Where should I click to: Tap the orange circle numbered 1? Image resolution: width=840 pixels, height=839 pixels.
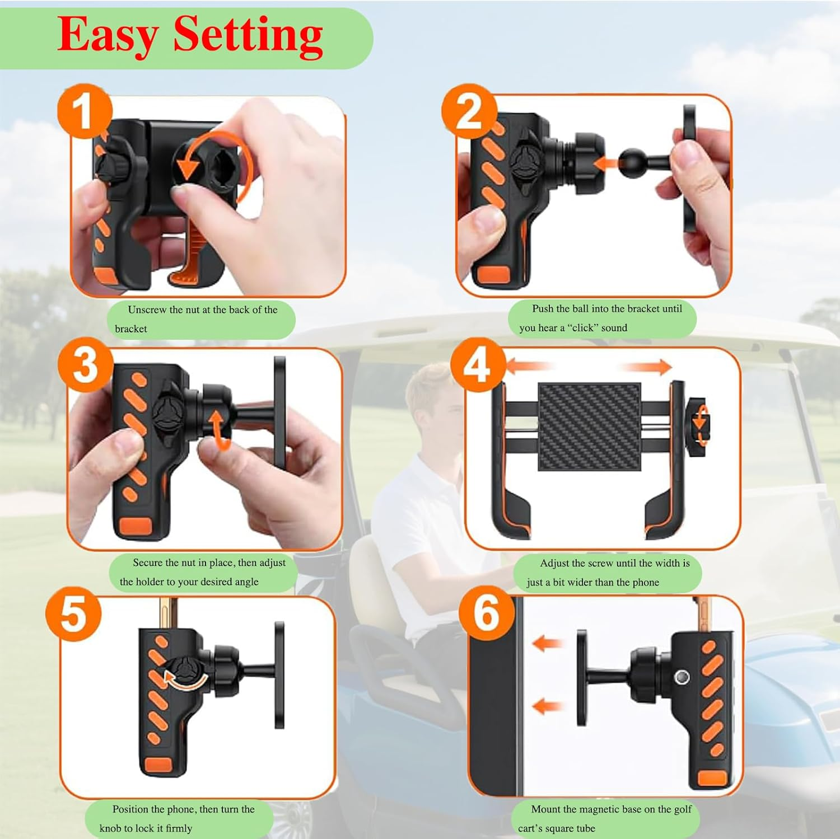[85, 111]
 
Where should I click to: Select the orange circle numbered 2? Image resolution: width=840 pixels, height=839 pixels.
[469, 111]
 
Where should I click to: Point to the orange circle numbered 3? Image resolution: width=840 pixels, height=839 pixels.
[85, 364]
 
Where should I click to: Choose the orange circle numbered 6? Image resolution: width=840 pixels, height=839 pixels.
[486, 613]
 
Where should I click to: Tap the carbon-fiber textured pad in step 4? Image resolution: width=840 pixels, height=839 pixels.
[589, 426]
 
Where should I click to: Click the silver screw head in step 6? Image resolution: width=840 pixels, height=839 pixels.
[682, 677]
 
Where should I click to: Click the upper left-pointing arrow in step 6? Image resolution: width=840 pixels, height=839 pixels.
[546, 643]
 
